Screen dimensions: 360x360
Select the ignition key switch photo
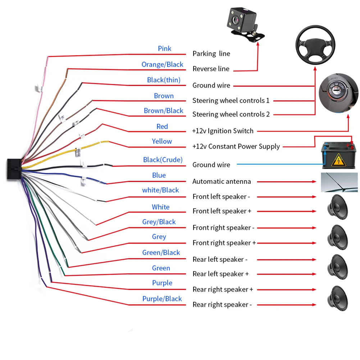tap(338, 94)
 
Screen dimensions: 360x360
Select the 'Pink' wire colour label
tap(164, 49)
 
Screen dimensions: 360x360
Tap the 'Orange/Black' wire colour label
tap(162, 64)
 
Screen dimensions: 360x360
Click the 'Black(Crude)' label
tap(163, 160)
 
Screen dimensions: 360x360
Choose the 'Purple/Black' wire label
tap(162, 299)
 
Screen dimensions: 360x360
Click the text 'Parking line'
tap(211, 54)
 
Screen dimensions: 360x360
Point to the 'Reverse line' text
tap(211, 69)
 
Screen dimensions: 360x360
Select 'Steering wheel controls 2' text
tap(231, 114)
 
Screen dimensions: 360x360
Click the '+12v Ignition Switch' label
tap(223, 131)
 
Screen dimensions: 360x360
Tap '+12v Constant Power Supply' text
tap(236, 146)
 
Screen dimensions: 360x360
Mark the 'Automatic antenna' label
tap(222, 181)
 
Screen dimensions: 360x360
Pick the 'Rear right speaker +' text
tap(223, 290)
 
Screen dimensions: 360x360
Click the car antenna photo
tap(339, 182)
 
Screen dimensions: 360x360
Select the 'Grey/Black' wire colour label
tap(159, 222)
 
